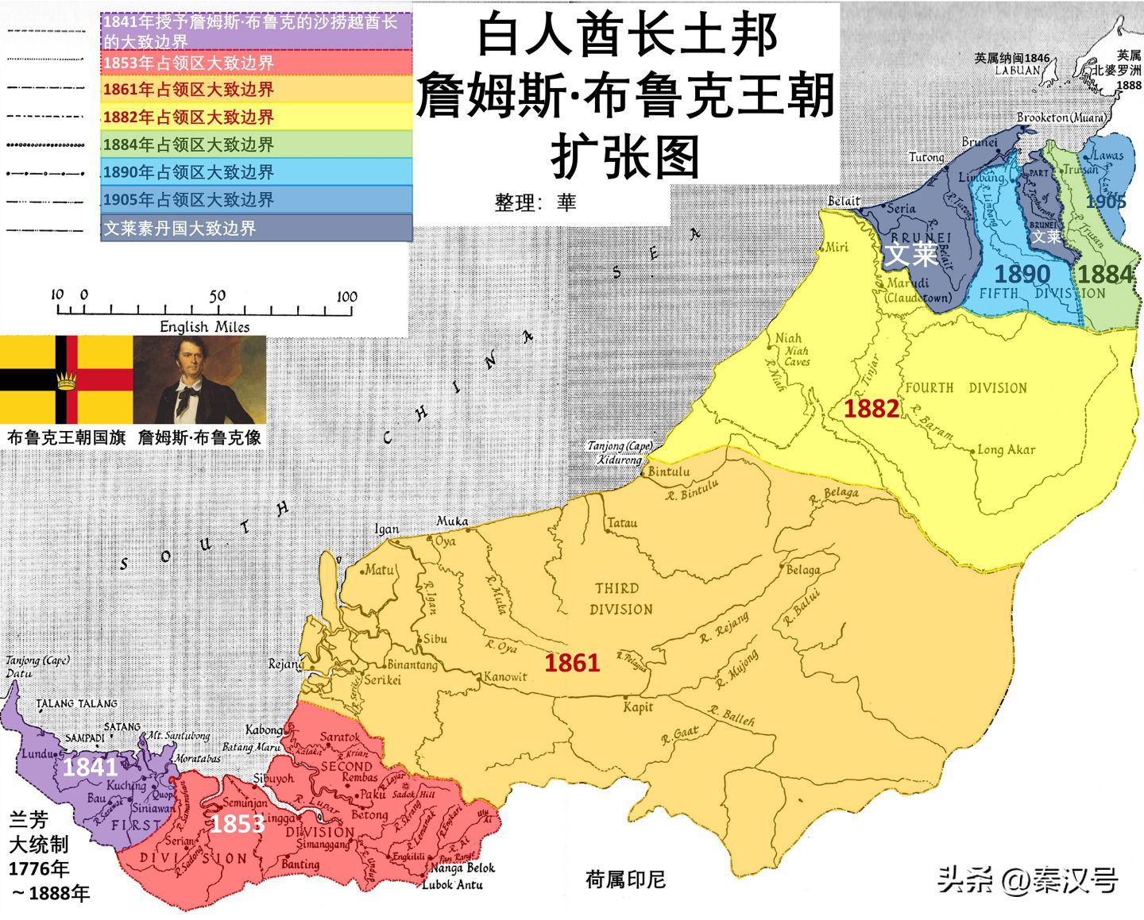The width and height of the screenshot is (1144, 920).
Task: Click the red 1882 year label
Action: pyautogui.click(x=871, y=408)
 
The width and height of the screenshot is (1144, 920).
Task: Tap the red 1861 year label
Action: pyautogui.click(x=571, y=662)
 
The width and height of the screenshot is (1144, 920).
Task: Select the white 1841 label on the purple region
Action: pyautogui.click(x=90, y=767)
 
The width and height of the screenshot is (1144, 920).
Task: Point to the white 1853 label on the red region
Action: pyautogui.click(x=236, y=824)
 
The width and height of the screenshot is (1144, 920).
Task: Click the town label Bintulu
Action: pyautogui.click(x=669, y=472)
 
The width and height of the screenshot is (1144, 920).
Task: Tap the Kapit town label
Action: pyautogui.click(x=638, y=707)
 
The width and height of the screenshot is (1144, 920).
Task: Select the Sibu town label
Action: pyautogui.click(x=435, y=638)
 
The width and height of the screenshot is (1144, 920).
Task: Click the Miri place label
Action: pyautogui.click(x=836, y=247)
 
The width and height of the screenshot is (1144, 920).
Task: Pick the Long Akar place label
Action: pyautogui.click(x=1006, y=449)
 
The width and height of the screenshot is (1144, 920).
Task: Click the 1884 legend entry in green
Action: pyautogui.click(x=257, y=144)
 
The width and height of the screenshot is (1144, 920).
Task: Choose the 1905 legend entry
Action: pyautogui.click(x=257, y=199)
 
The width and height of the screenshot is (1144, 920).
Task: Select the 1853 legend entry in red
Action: pyautogui.click(x=257, y=63)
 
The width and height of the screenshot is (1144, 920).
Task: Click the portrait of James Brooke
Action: pyautogui.click(x=199, y=379)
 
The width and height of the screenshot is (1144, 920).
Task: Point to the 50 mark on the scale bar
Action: pyautogui.click(x=217, y=296)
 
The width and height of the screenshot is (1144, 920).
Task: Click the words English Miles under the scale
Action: pyautogui.click(x=204, y=326)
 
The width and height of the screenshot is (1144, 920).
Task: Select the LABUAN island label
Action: pyautogui.click(x=1017, y=70)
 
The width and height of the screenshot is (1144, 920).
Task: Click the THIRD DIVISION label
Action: pyautogui.click(x=620, y=599)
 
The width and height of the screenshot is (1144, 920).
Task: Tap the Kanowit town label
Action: pyautogui.click(x=505, y=677)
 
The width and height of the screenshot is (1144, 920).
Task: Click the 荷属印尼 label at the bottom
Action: pyautogui.click(x=625, y=880)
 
